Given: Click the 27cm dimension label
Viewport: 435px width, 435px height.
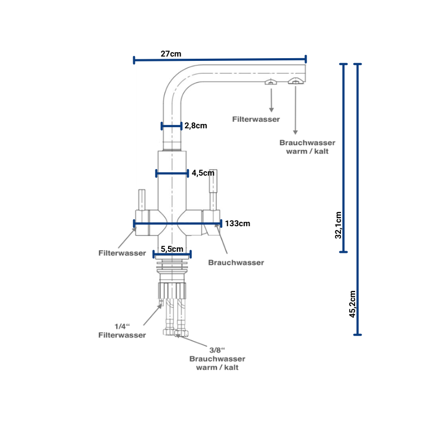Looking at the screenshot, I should pos(171,54).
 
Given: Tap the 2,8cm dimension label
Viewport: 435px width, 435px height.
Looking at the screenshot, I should pos(196,126).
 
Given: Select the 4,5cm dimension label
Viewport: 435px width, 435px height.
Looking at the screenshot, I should pos(203,173).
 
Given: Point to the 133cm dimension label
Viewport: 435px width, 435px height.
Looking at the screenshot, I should pos(237,223).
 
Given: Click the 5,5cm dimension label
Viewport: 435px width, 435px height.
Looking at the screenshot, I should pos(172,248).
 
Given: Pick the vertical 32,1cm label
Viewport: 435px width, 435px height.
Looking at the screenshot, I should pos(338,225).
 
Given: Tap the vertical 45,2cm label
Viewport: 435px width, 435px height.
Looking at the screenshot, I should pos(352,304).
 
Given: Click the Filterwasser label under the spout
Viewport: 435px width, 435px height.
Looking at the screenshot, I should pos(256,119).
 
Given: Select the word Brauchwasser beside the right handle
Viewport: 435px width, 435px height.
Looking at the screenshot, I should pos(236,263).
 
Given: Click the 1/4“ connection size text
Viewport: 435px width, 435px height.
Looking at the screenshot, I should pos(120,326).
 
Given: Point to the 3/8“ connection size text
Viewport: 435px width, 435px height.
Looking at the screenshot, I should pos(217,350).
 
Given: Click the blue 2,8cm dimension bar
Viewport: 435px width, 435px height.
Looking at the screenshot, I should pos(171,126).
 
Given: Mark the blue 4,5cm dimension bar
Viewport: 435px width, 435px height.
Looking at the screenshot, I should pos(172,173).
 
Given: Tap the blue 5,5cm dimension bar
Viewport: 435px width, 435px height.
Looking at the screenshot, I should pos(172,254).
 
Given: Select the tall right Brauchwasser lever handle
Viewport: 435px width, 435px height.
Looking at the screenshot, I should pos(214,188).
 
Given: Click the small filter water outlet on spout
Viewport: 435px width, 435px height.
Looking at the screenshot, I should pos(271,82).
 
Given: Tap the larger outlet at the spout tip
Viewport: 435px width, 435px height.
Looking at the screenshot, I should pos(295,82).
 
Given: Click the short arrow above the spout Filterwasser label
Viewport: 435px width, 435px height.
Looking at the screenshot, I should pos(271,98).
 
